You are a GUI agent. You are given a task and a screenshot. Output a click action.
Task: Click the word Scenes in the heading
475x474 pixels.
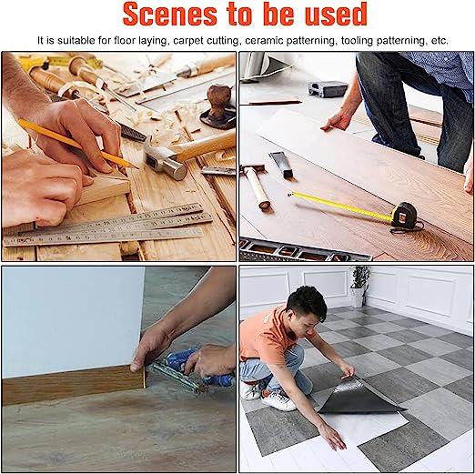click(170, 14)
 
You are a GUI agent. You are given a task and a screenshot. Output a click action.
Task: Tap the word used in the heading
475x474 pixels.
click(336, 14)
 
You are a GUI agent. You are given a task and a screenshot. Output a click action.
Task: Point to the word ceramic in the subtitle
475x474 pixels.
click(264, 40)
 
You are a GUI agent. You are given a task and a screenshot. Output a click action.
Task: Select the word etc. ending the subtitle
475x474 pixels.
click(440, 41)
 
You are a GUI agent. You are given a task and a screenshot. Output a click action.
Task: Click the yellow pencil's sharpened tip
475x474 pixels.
click(137, 167)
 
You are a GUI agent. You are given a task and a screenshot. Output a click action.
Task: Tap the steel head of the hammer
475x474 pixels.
click(166, 161)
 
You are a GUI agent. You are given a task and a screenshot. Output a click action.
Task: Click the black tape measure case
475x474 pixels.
click(404, 215)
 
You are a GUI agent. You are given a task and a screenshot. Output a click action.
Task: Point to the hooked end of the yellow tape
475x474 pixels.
click(290, 194)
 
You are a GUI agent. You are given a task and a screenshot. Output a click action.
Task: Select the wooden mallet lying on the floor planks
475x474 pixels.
click(256, 186)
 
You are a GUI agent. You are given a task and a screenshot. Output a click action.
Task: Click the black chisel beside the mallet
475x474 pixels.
click(282, 165)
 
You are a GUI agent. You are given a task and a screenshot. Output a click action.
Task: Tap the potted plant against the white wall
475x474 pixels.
click(359, 286)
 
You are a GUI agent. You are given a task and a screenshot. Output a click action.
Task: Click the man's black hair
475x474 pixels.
click(307, 301)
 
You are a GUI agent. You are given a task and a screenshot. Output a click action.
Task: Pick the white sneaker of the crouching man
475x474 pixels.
click(278, 400)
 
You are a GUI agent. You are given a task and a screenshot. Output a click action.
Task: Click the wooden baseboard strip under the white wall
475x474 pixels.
click(74, 385)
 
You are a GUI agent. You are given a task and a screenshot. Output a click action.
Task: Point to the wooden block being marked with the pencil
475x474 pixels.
click(103, 188)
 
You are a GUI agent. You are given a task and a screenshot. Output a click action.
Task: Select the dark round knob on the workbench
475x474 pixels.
click(219, 99)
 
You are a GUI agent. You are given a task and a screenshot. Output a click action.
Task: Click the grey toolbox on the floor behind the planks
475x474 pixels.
click(328, 89)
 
